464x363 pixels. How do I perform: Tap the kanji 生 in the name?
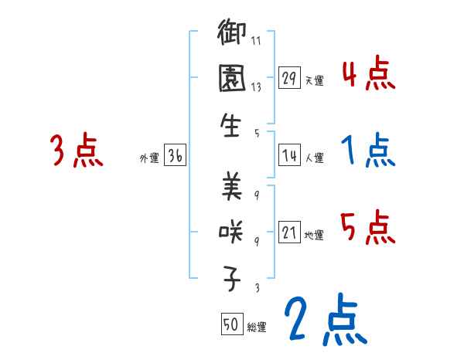(232, 126)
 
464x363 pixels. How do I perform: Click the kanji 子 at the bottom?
(232, 276)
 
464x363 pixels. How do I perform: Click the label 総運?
(256, 327)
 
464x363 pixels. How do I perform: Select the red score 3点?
(76, 150)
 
